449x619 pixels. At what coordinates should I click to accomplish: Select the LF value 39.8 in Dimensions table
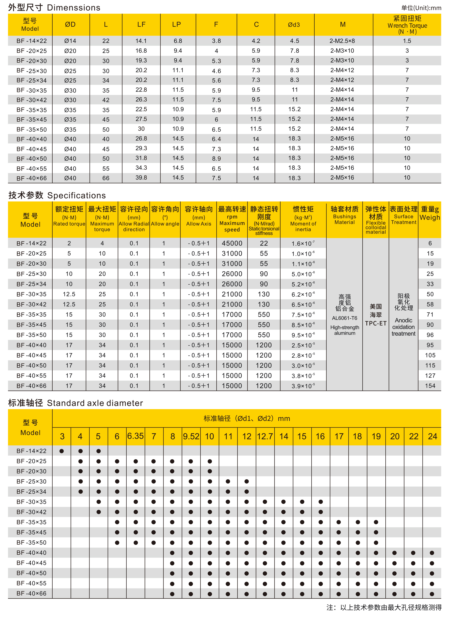[x=141, y=178]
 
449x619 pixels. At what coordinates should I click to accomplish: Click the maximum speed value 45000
[x=232, y=243]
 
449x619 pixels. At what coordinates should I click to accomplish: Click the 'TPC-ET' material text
[x=376, y=323]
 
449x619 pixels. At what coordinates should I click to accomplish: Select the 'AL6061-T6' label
[x=344, y=318]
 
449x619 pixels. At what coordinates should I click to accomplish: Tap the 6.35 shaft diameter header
[x=135, y=436]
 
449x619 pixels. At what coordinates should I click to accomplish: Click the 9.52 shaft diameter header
[x=191, y=436]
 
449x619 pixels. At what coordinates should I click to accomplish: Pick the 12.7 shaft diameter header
[x=265, y=436]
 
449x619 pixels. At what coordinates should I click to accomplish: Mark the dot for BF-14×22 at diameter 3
[x=62, y=451]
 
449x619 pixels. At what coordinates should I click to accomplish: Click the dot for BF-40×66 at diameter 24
[x=432, y=594]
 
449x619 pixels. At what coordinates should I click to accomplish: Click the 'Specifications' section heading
[x=76, y=195]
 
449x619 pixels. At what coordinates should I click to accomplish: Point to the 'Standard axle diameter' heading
[x=95, y=403]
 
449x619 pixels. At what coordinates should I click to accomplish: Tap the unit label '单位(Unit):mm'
[x=421, y=8]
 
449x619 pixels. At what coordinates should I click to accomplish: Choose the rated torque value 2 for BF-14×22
[x=69, y=243]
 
